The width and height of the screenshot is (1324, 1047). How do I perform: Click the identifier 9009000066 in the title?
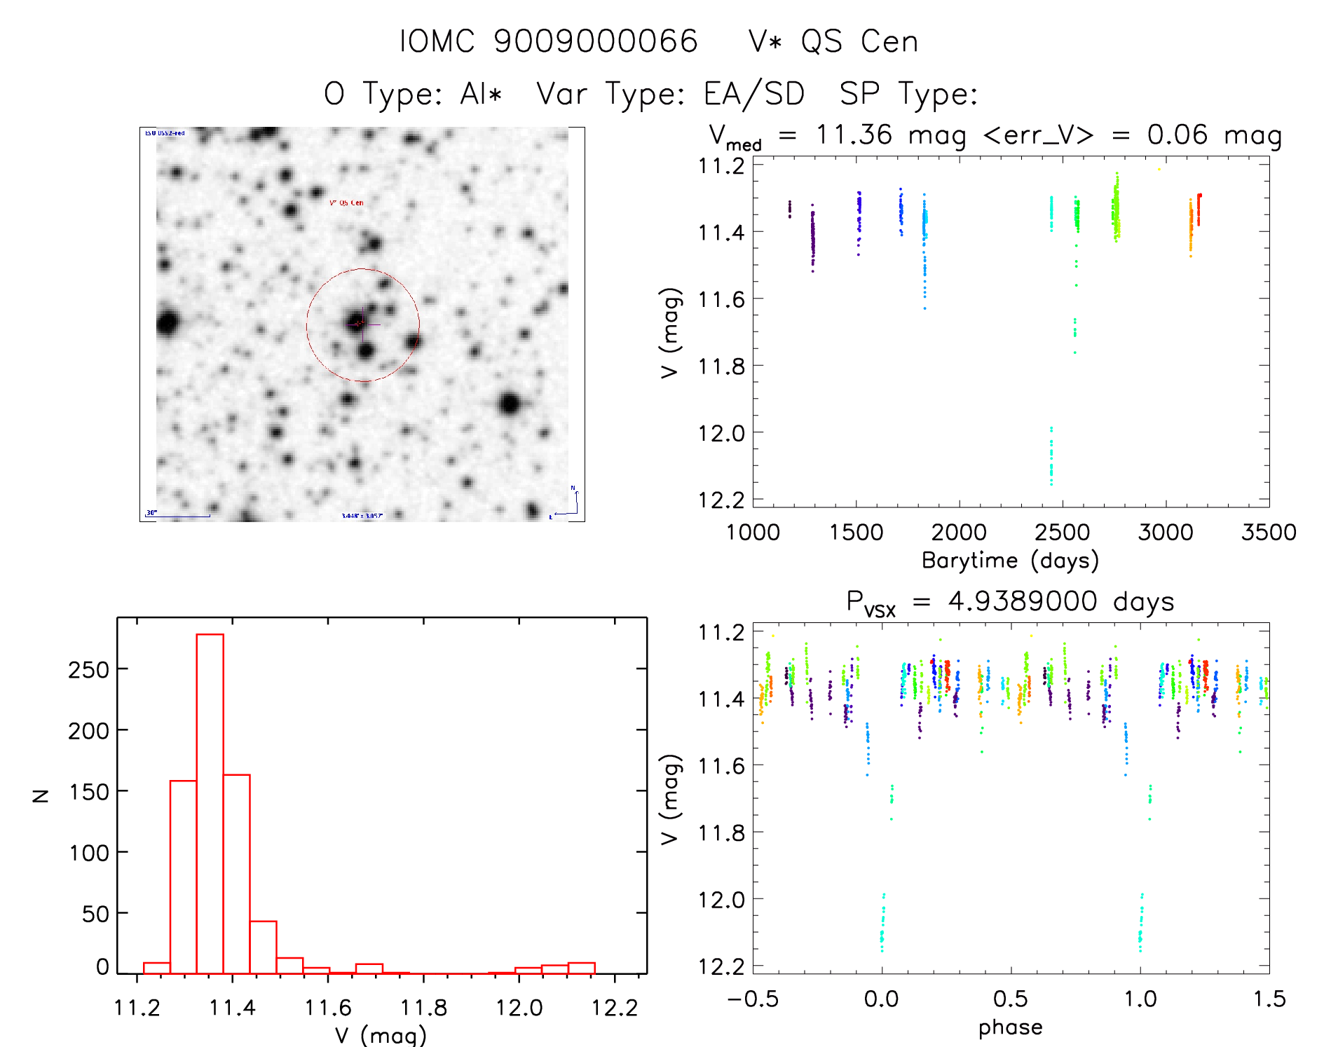(x=595, y=41)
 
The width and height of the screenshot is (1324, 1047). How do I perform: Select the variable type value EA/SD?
(x=753, y=94)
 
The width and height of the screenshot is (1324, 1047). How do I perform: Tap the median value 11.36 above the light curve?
(x=854, y=135)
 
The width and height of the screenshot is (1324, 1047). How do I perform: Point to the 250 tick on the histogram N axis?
(x=89, y=670)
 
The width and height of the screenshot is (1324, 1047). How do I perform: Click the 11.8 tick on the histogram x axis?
(x=423, y=1008)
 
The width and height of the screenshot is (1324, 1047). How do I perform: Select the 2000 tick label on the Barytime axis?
(x=958, y=533)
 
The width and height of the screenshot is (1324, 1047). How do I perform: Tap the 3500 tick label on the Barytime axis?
(x=1268, y=533)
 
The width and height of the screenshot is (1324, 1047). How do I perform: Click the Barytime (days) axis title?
(x=1009, y=561)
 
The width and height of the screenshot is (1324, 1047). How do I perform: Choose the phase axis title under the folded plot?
(x=1010, y=1027)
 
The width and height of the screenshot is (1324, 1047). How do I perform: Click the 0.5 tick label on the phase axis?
(x=1010, y=999)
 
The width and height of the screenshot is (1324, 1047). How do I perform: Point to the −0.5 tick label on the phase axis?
(x=752, y=999)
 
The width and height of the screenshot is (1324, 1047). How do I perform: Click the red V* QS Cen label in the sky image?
(x=346, y=203)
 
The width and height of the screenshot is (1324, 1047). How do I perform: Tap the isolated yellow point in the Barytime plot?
(x=1159, y=169)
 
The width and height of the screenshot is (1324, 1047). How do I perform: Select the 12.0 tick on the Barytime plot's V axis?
(x=721, y=433)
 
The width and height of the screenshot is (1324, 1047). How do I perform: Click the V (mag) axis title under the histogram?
(x=380, y=1035)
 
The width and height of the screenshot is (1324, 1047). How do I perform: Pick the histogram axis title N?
(x=41, y=795)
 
